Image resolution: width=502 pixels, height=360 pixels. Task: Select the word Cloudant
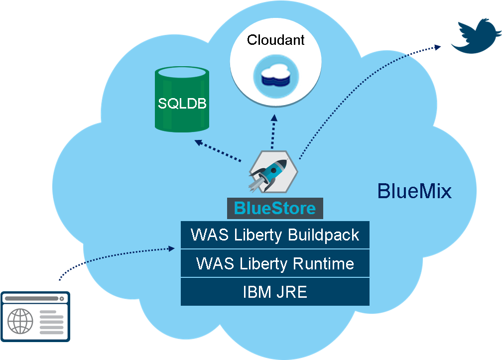click(275, 40)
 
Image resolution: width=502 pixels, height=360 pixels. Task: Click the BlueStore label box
click(275, 208)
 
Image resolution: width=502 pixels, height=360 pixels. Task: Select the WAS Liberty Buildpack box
click(275, 235)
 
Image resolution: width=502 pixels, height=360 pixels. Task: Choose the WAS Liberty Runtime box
click(275, 263)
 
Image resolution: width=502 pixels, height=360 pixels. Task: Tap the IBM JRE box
click(275, 292)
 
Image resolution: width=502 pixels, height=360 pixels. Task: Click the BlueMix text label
click(414, 191)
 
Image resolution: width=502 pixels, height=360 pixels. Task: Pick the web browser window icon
click(35, 316)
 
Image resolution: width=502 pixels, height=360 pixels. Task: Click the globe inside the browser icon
click(20, 321)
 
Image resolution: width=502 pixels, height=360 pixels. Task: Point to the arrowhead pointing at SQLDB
click(198, 142)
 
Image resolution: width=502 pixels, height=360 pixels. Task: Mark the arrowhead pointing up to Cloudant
click(273, 118)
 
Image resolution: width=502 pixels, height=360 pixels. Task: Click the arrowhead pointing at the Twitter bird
click(438, 47)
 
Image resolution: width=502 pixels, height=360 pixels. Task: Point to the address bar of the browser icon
click(32, 299)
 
